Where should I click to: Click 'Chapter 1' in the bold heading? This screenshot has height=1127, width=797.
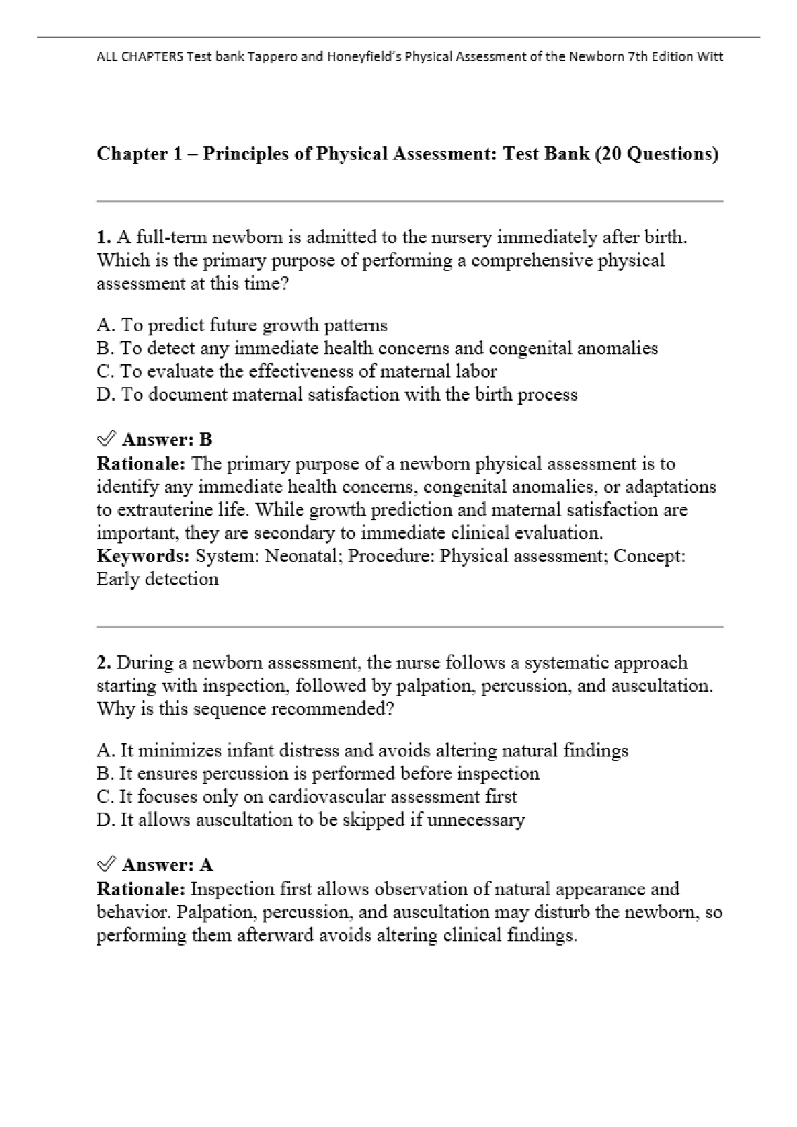tap(134, 154)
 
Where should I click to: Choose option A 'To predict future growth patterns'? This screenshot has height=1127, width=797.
tap(242, 326)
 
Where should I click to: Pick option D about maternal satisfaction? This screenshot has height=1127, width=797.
tap(337, 394)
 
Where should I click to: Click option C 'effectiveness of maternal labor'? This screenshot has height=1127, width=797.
tap(297, 371)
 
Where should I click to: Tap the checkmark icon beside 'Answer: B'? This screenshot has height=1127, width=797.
tap(105, 440)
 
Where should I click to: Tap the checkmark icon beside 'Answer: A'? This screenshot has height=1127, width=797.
tap(105, 865)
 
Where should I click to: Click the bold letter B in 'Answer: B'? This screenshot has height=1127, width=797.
tap(205, 440)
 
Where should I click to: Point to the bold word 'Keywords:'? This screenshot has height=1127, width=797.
tap(143, 556)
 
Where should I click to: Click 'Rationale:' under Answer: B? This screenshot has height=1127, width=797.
tap(141, 464)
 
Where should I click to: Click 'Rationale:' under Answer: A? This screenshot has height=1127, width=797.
tap(141, 889)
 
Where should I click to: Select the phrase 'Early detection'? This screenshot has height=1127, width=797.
tap(157, 579)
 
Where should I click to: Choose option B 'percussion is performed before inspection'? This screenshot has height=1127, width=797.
tap(318, 774)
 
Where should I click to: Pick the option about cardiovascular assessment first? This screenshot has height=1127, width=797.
tap(306, 797)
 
